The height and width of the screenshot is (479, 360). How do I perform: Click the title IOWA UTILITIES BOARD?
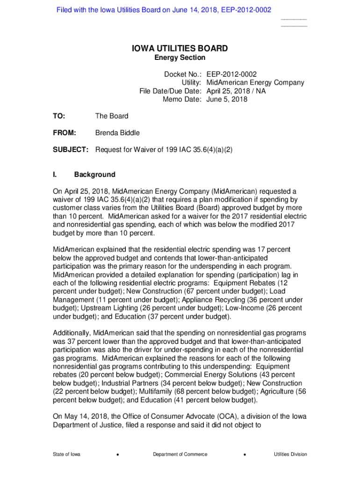click(180, 48)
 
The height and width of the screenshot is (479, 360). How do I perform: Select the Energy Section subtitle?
click(180, 58)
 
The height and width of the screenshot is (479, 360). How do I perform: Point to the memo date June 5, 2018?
click(227, 99)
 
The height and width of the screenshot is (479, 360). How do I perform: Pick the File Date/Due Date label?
click(170, 91)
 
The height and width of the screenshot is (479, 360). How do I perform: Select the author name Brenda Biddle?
click(117, 133)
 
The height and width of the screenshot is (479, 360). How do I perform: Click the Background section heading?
click(94, 174)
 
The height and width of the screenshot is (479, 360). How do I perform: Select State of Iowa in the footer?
click(66, 454)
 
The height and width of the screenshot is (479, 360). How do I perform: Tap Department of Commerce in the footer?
click(180, 454)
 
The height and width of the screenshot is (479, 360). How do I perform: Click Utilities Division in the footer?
click(290, 454)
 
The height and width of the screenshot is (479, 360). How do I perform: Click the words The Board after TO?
click(111, 116)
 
